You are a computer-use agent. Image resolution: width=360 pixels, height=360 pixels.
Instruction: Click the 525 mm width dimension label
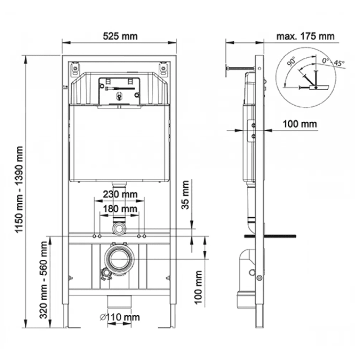[120, 36]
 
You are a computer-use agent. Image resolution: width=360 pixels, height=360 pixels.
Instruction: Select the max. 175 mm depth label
[305, 36]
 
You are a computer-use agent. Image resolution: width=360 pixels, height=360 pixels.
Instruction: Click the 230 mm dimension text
[119, 194]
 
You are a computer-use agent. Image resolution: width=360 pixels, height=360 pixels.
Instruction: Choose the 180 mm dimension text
[119, 209]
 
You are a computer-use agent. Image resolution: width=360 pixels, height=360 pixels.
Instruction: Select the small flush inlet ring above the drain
[119, 228]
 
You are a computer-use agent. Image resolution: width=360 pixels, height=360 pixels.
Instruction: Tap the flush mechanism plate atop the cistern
[119, 89]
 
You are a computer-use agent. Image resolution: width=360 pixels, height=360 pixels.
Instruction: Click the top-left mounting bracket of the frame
[75, 69]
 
